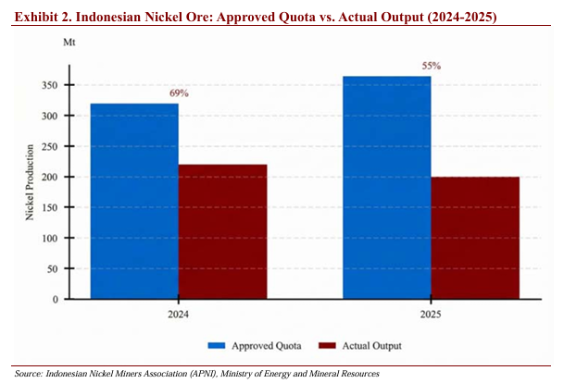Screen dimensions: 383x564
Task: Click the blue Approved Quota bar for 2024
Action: pos(134,202)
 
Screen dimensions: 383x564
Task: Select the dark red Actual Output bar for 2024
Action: pos(222,232)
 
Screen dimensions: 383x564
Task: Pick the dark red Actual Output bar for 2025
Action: pos(474,238)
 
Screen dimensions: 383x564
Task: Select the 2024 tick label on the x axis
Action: pos(178,314)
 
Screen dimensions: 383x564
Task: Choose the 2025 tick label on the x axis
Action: pos(431,314)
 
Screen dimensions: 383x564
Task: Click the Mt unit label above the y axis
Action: pos(69,43)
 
